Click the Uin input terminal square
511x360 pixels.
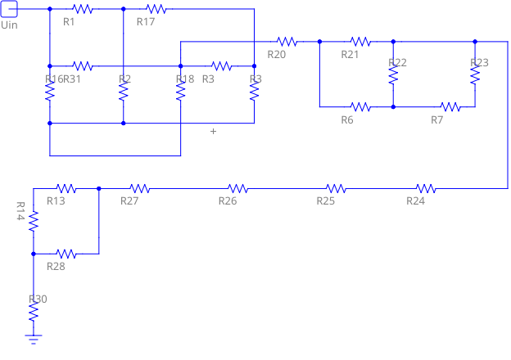click(x=9, y=9)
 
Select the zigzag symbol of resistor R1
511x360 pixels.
click(x=82, y=9)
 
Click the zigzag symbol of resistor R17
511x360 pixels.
click(x=156, y=9)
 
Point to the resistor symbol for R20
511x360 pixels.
click(x=287, y=41)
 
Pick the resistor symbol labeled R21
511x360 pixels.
click(x=360, y=41)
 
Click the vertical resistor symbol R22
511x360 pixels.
click(x=393, y=74)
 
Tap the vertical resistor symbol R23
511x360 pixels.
click(x=475, y=74)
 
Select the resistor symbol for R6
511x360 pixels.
click(x=360, y=106)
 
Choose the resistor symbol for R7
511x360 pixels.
click(x=450, y=106)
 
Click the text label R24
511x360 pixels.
click(x=416, y=201)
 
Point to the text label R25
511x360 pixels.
click(x=326, y=201)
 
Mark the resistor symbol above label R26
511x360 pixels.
click(x=237, y=188)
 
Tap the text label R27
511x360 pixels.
click(x=129, y=201)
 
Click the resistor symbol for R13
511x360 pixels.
click(x=66, y=188)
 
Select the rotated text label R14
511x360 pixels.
click(x=21, y=211)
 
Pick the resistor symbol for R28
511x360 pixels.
click(x=66, y=254)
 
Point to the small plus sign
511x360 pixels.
click(x=214, y=131)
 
